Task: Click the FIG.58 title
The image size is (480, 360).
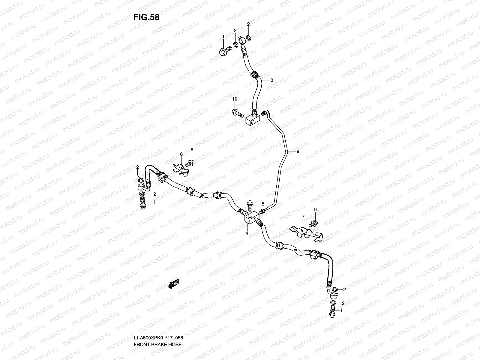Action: click(146, 17)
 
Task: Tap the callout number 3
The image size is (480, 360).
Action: click(271, 80)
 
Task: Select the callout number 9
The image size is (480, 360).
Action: click(298, 151)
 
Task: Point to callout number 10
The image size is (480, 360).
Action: click(235, 99)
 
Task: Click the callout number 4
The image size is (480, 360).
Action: click(247, 233)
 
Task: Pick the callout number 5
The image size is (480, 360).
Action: click(263, 204)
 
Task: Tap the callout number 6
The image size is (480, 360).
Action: click(181, 154)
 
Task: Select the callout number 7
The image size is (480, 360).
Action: click(303, 216)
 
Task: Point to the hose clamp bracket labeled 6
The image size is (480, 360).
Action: click(182, 168)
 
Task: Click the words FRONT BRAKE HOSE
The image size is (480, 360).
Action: click(157, 319)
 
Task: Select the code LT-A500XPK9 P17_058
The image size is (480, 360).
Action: click(158, 313)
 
